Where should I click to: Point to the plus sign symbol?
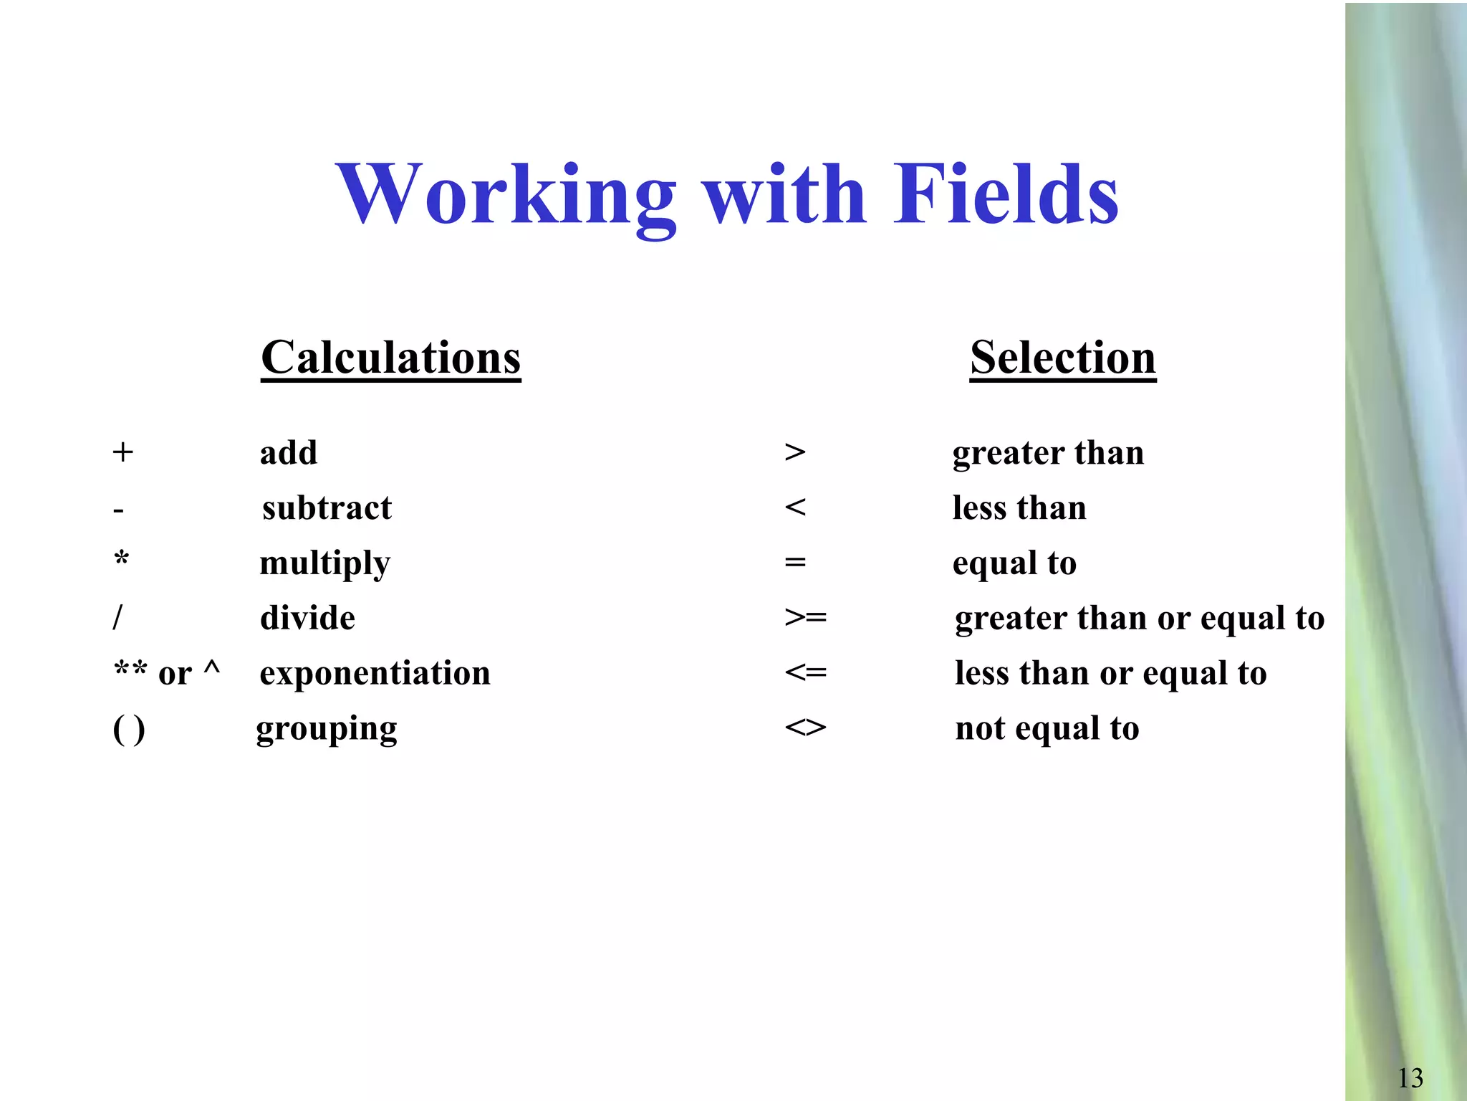coord(123,452)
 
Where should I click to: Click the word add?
coord(288,453)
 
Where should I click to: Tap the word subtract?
coord(327,508)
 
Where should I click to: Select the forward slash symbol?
coord(118,617)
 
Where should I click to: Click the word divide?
coord(307,618)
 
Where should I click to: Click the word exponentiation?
coord(375,673)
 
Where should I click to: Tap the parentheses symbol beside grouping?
coord(129,730)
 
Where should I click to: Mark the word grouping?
coord(327,730)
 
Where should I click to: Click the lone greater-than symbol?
coord(795,452)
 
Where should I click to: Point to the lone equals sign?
coord(795,563)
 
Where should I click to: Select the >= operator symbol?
coord(805,617)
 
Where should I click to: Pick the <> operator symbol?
coord(805,728)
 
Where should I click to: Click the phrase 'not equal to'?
coord(1047,729)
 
